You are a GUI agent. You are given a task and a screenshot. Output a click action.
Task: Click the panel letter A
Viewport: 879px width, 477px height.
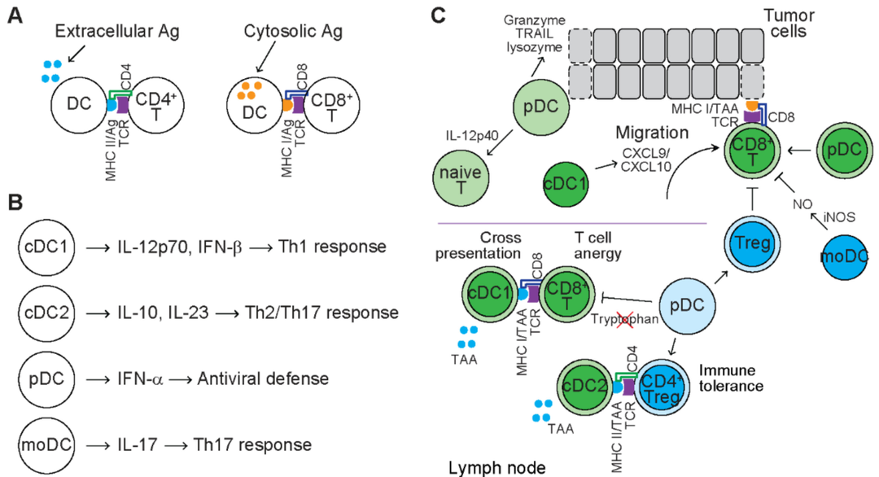(x=14, y=15)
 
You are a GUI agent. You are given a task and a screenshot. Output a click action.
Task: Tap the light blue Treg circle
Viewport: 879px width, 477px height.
(x=748, y=240)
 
